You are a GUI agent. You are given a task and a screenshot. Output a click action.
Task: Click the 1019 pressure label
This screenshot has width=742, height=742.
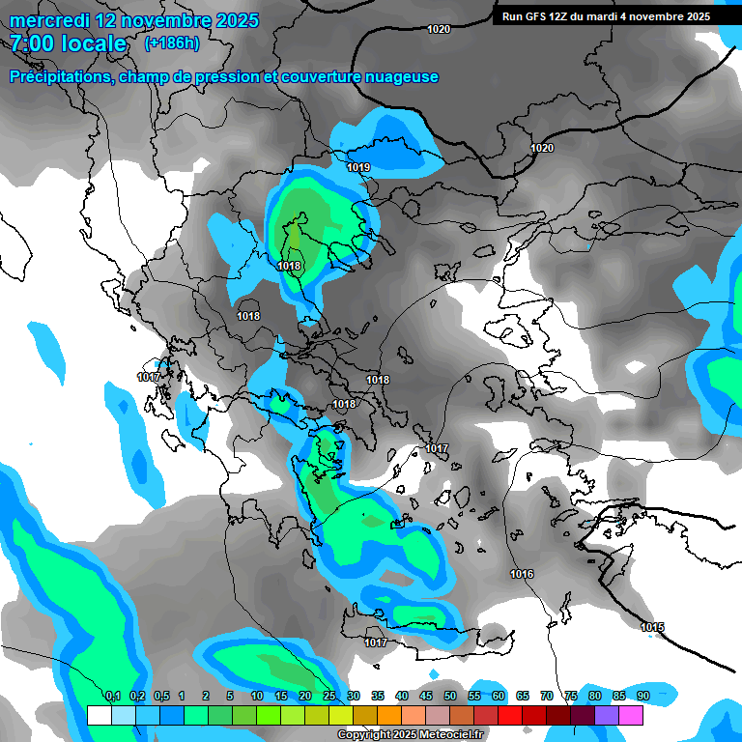point(358,167)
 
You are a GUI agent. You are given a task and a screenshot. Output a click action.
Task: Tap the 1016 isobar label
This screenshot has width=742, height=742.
point(522,574)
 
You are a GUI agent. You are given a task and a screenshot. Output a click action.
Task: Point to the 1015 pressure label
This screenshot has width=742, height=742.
point(652,627)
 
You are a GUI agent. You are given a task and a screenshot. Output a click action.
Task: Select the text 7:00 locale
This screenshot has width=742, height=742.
point(69,43)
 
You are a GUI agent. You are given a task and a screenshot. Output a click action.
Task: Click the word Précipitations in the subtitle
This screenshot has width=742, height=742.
point(57,76)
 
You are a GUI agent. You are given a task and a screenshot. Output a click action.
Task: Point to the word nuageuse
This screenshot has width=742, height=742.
point(398,76)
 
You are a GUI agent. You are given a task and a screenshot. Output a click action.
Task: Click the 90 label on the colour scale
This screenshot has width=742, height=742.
point(642,696)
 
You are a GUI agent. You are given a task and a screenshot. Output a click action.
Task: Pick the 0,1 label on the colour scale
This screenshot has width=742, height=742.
point(112,696)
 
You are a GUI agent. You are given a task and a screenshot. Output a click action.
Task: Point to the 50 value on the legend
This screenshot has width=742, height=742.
point(450,696)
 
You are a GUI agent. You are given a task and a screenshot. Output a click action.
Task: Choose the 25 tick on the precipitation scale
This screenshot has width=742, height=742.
point(329,696)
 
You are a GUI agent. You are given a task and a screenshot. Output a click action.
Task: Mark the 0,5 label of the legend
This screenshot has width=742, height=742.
point(160,696)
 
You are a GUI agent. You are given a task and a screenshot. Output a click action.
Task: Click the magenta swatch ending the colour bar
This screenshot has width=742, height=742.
point(631,715)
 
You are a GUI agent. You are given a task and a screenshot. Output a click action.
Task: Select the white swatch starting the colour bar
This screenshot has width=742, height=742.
point(99,715)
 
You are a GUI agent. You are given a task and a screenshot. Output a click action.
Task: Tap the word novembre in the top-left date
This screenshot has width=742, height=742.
point(171,20)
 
